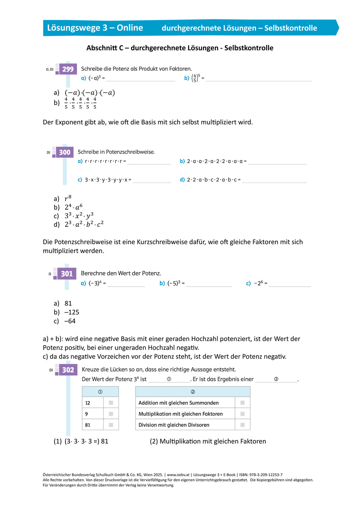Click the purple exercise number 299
pyautogui.click(x=68, y=69)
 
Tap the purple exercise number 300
pyautogui.click(x=65, y=152)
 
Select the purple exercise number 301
pyautogui.click(x=67, y=274)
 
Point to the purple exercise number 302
pyautogui.click(x=68, y=370)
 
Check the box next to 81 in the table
pyautogui.click(x=111, y=425)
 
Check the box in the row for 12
pyautogui.click(x=111, y=403)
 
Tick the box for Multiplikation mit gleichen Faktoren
pyautogui.click(x=242, y=414)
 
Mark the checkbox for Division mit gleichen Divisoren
pyautogui.click(x=242, y=425)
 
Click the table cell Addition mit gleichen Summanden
pyautogui.click(x=178, y=403)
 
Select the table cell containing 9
pyautogui.click(x=93, y=414)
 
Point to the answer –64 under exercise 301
pyautogui.click(x=70, y=321)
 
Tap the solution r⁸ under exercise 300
pyautogui.click(x=68, y=199)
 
